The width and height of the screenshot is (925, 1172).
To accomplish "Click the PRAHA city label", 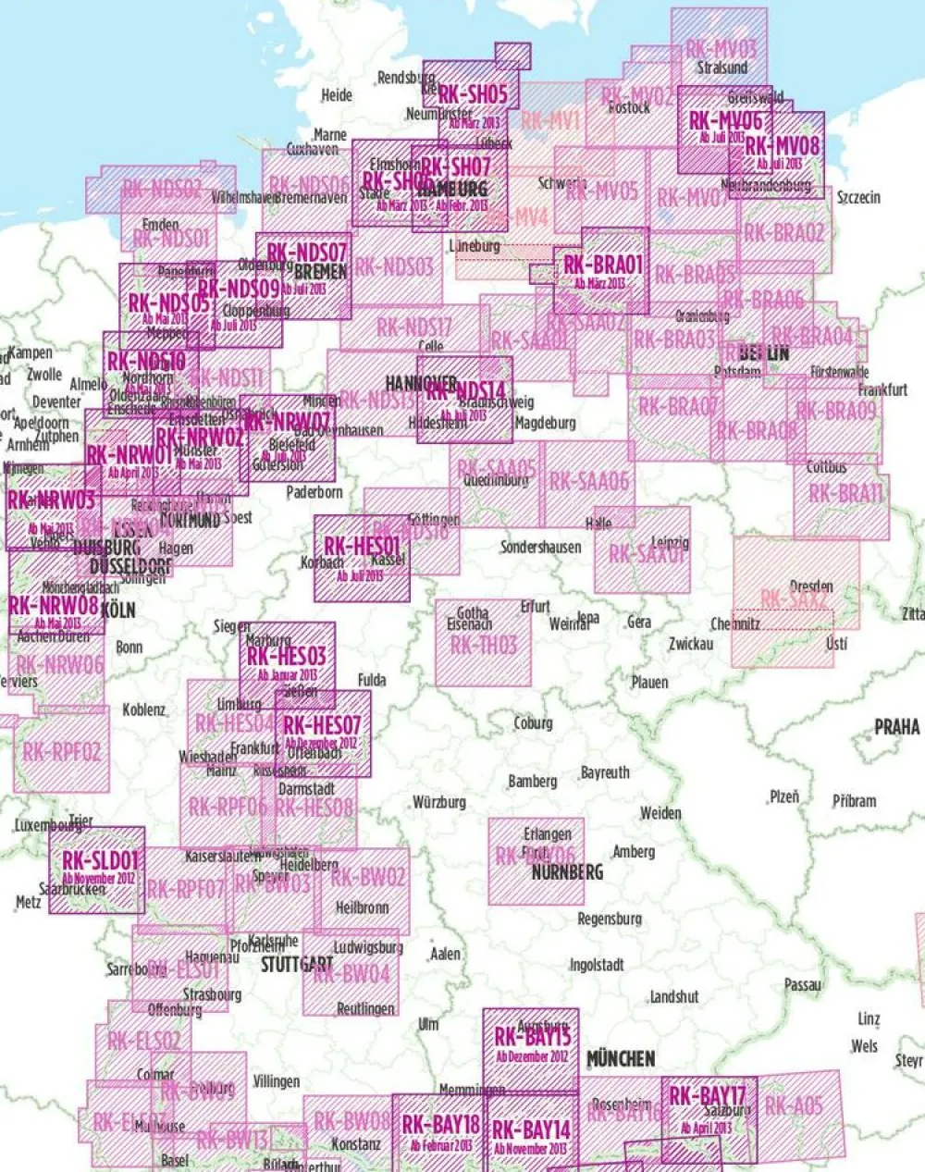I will click(x=896, y=726).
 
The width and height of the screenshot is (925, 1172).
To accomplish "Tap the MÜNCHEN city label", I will click(x=621, y=1057).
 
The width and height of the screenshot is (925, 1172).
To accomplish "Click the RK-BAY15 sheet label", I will click(x=532, y=1037).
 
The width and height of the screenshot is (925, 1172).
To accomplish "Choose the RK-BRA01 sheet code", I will click(x=602, y=266).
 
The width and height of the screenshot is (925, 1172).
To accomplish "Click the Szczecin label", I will click(x=857, y=197).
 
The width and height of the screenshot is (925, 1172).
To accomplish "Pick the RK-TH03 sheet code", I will click(x=484, y=645).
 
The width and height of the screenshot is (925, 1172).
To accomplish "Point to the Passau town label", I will click(x=802, y=985).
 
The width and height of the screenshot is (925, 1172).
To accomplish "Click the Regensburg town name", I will click(x=609, y=919).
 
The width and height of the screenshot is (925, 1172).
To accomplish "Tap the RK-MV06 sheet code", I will click(x=725, y=120).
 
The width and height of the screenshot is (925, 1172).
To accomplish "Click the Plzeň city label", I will click(x=784, y=796).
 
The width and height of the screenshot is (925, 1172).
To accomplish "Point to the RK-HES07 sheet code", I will click(x=322, y=725).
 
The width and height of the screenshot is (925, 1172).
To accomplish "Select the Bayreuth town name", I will click(x=605, y=772).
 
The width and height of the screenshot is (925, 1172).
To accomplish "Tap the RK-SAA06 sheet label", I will click(x=588, y=481).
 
